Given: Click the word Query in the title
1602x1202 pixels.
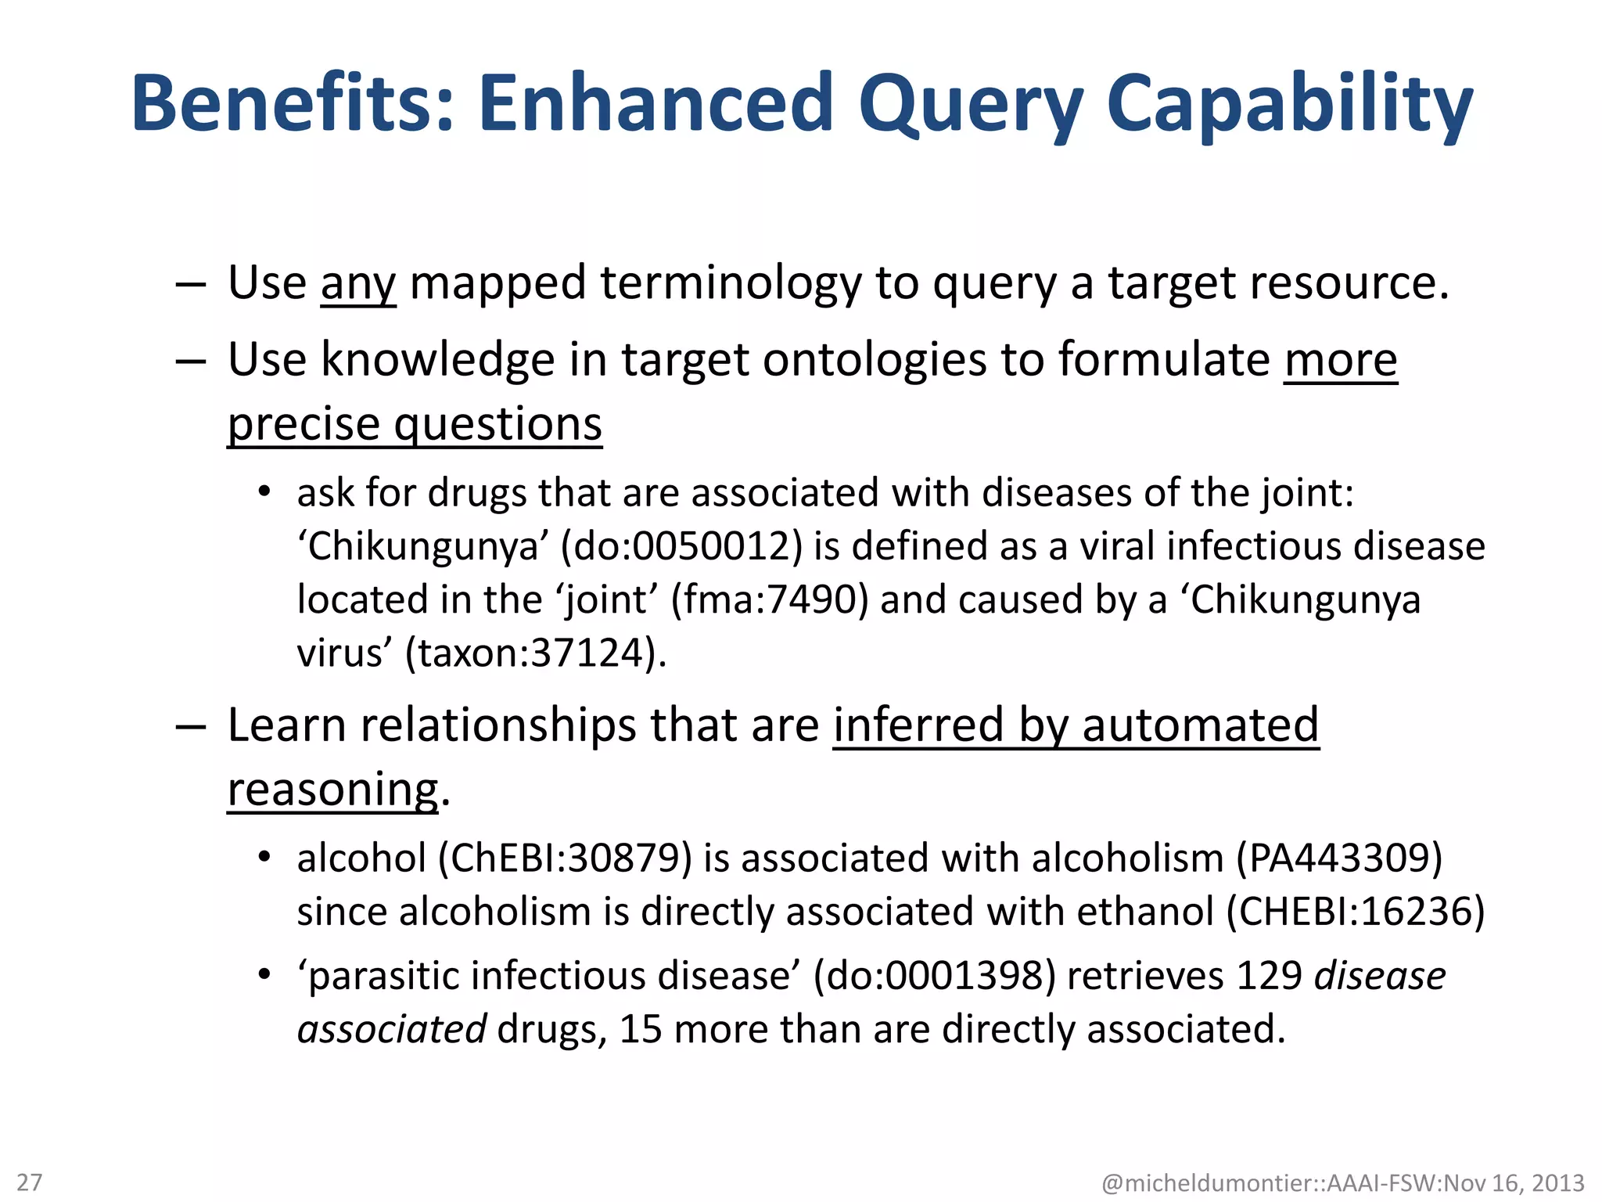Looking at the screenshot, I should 970,106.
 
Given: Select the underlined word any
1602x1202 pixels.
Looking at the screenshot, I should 358,283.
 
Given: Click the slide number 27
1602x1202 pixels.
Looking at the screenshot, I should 30,1182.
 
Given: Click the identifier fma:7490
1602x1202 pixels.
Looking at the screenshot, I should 770,599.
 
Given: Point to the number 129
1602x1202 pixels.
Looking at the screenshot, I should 1269,976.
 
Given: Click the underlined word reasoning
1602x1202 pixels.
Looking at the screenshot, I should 333,790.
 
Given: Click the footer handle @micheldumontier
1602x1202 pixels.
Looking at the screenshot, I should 1209,1182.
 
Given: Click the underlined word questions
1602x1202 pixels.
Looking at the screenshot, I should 497,425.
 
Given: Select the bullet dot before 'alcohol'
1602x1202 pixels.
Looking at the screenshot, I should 264,858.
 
